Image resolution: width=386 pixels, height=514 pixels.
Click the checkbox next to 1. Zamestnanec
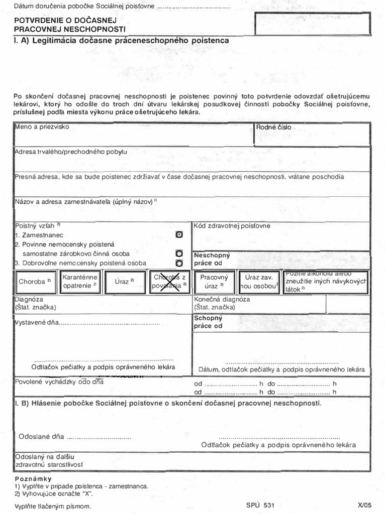tap(179, 235)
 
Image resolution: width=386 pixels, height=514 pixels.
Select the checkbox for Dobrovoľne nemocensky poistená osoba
tap(179, 263)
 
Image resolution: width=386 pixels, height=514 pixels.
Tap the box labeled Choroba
tap(35, 282)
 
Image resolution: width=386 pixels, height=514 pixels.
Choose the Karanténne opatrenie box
tap(80, 282)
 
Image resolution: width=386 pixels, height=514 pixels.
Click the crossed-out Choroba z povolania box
tap(169, 282)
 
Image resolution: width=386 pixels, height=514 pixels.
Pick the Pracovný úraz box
tap(214, 282)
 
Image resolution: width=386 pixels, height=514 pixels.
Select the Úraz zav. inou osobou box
tap(259, 282)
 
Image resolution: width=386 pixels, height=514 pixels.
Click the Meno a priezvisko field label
tap(42, 127)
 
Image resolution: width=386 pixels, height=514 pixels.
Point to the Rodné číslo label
tap(273, 127)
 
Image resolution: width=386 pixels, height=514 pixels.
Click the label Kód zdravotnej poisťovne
tap(232, 226)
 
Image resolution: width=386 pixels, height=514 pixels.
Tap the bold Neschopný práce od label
tap(212, 259)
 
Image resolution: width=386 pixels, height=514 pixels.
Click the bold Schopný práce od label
tap(208, 322)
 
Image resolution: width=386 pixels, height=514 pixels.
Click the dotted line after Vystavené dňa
tap(109, 324)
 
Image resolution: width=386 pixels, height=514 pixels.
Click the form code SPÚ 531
tap(260, 505)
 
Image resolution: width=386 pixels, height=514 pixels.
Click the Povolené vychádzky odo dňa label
tap(59, 381)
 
